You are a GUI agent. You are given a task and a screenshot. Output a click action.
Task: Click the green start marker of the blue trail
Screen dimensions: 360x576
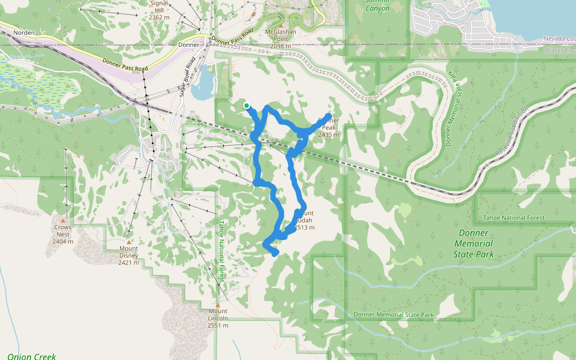247,106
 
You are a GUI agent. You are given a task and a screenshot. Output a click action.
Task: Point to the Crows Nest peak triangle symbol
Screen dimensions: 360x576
62,220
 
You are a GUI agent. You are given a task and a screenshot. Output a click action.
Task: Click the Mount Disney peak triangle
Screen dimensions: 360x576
128,241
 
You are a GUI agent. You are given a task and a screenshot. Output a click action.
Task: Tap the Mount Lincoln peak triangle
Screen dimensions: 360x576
218,304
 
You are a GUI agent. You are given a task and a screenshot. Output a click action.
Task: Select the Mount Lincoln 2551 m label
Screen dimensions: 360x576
218,318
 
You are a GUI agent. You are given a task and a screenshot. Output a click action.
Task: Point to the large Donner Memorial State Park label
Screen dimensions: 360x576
474,244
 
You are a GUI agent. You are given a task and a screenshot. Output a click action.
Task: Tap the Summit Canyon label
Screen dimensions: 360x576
377,5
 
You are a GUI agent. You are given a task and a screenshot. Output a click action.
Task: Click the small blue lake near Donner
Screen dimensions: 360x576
203,83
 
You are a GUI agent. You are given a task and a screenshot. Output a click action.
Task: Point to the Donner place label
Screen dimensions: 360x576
188,45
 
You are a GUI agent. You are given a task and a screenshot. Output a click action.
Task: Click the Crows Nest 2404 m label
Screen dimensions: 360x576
62,234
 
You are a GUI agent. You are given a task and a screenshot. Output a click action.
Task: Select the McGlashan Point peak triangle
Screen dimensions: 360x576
254,14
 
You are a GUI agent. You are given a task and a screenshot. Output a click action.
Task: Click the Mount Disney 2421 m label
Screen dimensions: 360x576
128,256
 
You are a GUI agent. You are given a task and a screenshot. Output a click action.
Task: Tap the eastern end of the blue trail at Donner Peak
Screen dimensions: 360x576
329,115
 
